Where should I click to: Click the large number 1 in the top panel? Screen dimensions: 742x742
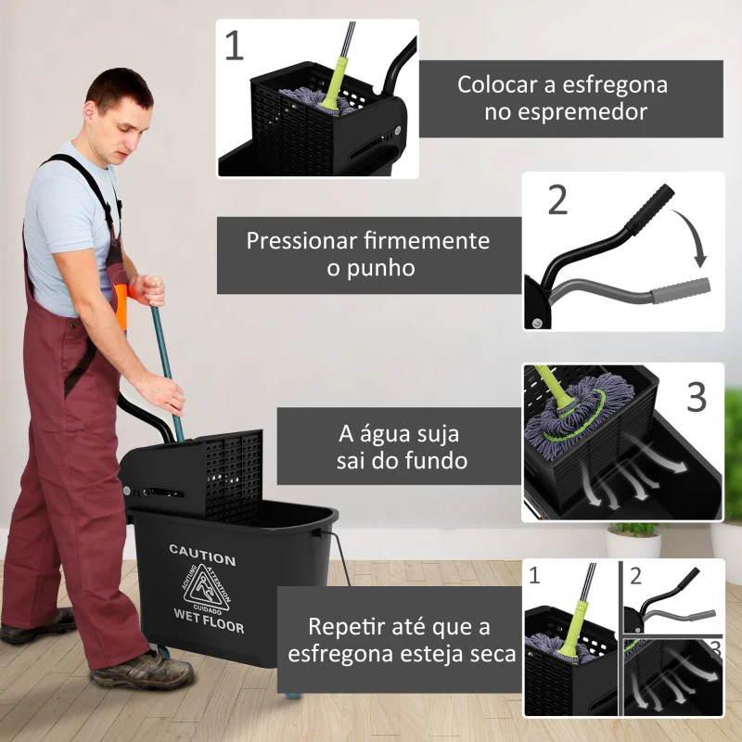tap(235, 45)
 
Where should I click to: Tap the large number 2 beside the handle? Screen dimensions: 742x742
tap(557, 199)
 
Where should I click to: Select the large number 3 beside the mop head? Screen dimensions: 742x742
tap(696, 397)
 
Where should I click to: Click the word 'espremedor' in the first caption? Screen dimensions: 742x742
tap(563, 111)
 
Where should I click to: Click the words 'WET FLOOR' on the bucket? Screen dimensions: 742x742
tap(209, 620)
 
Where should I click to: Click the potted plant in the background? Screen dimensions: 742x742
tap(634, 538)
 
